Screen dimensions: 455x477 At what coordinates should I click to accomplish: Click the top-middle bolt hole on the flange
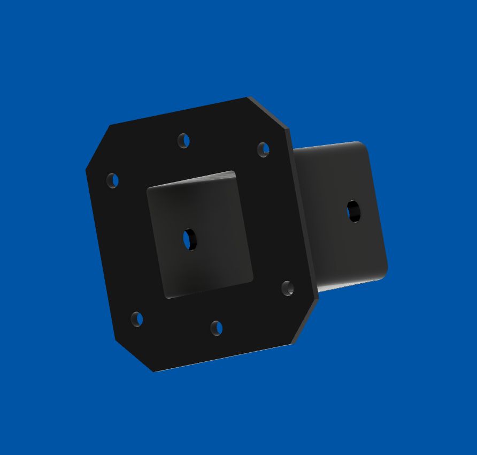[183, 141]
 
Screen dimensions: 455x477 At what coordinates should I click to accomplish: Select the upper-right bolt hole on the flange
[263, 149]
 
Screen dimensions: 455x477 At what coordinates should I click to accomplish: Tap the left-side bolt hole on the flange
[112, 180]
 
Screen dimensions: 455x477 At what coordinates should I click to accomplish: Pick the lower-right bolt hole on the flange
[288, 289]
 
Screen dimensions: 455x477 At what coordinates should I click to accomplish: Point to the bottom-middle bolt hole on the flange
[216, 328]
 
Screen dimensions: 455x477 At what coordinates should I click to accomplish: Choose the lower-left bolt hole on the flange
[137, 319]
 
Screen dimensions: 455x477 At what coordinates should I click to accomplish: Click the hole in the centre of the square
[190, 239]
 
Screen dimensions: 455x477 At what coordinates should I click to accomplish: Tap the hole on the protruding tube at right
[353, 211]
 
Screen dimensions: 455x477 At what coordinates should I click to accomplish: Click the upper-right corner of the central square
[233, 173]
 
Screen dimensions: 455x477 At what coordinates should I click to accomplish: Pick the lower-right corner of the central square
[251, 279]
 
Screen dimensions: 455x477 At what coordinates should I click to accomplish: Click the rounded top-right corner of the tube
[364, 146]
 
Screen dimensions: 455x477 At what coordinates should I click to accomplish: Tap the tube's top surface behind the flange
[326, 146]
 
